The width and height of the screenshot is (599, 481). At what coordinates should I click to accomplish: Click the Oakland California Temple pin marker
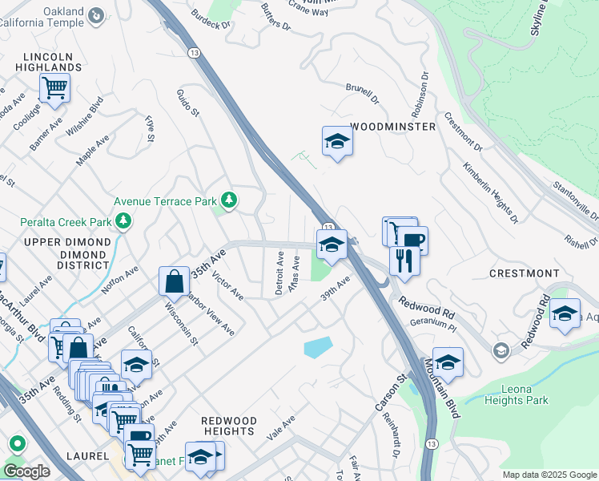tap(97, 14)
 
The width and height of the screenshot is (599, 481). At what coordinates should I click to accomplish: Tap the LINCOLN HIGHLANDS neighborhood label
tap(53, 63)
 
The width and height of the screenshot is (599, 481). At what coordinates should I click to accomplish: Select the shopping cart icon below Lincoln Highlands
tap(54, 87)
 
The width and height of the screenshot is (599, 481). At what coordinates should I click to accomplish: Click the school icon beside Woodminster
tap(337, 142)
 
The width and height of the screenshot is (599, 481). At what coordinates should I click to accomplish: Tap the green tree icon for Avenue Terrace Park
tap(229, 200)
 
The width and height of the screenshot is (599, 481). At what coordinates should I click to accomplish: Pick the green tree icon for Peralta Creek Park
tap(123, 220)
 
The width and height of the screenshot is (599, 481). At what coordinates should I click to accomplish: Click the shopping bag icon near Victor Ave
tap(174, 281)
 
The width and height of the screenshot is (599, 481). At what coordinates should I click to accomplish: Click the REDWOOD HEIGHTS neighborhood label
tap(229, 426)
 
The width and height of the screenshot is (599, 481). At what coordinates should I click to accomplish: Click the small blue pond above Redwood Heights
tap(318, 347)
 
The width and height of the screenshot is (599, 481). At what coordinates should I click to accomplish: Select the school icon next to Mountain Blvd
tap(448, 362)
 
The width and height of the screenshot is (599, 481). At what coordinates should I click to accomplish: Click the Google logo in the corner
tap(26, 471)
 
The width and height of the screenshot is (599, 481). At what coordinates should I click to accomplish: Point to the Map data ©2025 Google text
tap(549, 475)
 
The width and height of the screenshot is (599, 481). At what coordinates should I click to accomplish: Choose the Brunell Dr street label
tap(362, 92)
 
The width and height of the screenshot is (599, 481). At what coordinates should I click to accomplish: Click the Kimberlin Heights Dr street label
tap(489, 192)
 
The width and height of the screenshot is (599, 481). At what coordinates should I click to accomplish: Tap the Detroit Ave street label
tap(279, 273)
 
